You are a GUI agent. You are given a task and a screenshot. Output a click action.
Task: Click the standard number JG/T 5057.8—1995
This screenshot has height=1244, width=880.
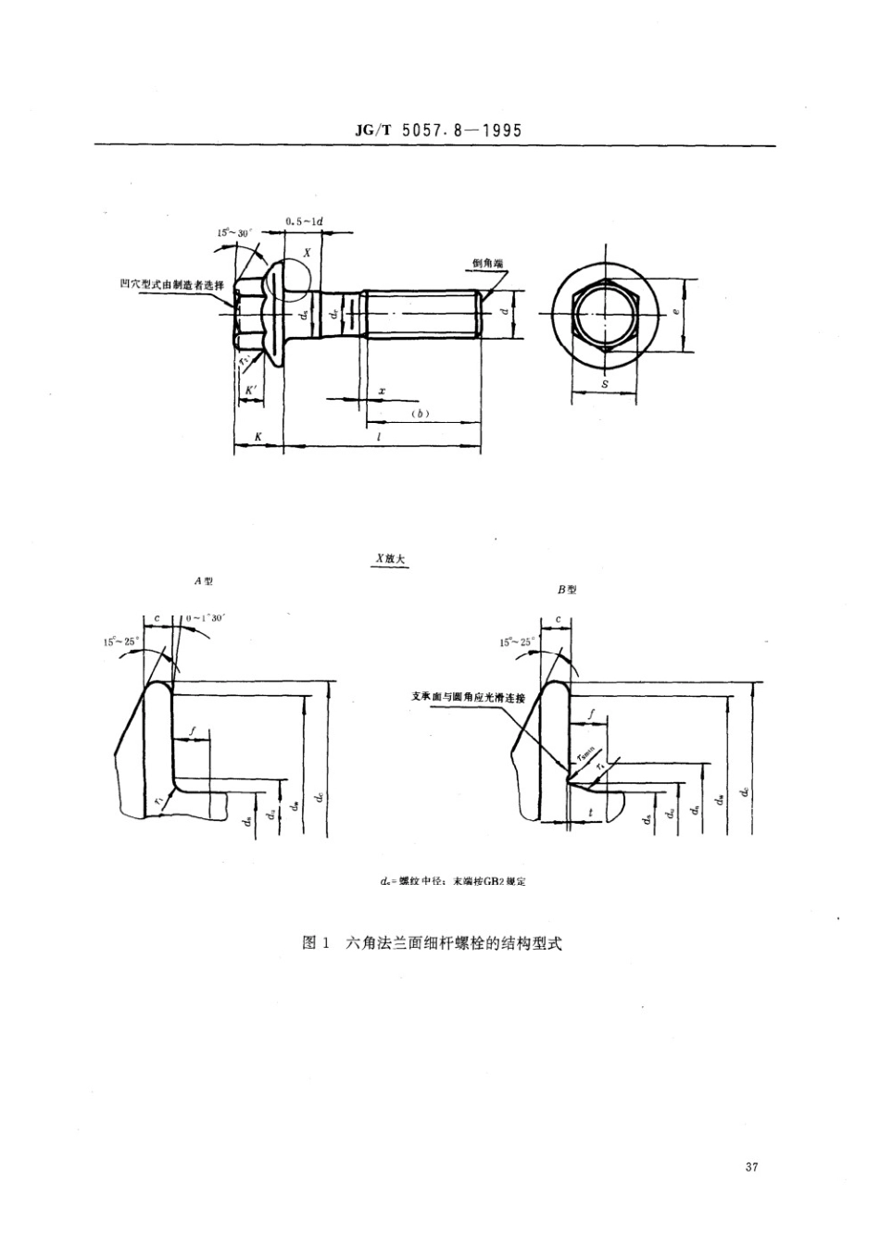pos(439,131)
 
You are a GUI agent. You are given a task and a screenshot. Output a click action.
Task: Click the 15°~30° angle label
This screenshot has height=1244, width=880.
pos(235,233)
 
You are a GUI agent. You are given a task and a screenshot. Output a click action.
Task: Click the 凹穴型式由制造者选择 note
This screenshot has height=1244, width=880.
pos(172,284)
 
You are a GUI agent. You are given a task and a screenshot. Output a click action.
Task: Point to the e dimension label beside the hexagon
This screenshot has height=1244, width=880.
pos(675,313)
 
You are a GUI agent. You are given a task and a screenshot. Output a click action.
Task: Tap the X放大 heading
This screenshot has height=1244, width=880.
pos(389,559)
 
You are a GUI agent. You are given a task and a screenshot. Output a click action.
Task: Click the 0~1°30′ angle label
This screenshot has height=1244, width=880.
pos(206,617)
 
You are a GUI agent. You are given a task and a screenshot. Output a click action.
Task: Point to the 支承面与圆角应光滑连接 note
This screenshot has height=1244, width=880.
pos(468,698)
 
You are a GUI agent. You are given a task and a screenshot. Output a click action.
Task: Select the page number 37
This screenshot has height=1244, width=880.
pos(751,1167)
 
